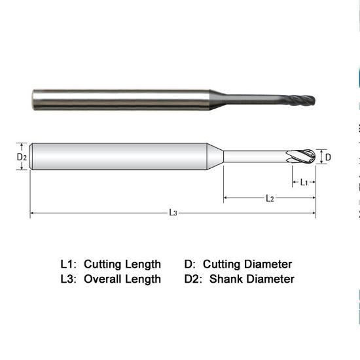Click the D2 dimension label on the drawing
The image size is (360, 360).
point(21,157)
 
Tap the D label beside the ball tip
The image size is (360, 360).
point(328,157)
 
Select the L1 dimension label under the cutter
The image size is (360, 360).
point(304,183)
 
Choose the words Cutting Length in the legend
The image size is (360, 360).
point(122,264)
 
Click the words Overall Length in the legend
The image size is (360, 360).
point(122,279)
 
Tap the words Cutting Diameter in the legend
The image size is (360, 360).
point(247,264)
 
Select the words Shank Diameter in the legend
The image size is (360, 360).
point(252,279)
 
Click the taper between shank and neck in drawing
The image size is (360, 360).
point(219,157)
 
